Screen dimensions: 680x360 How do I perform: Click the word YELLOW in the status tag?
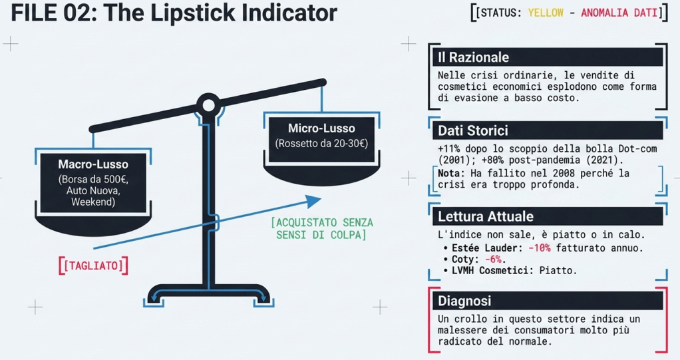[546, 13]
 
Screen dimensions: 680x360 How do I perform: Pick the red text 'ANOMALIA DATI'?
[619, 13]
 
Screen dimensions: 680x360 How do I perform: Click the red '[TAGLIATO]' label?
[93, 266]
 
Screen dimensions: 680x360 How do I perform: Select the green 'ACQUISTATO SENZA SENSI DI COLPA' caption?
[322, 229]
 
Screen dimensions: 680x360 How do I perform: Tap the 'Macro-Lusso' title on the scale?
[93, 164]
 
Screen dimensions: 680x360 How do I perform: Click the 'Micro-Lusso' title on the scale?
[321, 128]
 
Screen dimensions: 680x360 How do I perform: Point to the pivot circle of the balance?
[209, 105]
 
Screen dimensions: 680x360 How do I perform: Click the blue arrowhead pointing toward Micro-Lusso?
[313, 201]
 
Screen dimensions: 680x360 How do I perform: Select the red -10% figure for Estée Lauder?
[540, 248]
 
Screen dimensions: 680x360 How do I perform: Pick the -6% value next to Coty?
[492, 260]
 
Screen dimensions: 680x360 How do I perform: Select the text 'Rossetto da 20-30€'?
[321, 144]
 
